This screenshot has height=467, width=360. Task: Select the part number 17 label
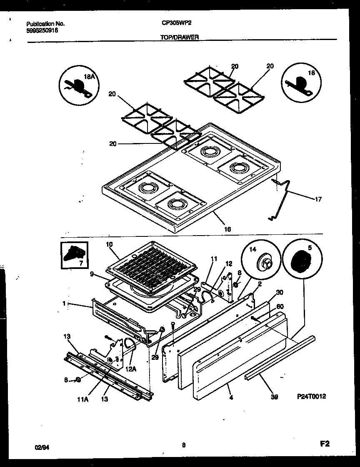[x=318, y=199]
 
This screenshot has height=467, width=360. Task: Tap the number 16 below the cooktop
[x=227, y=229]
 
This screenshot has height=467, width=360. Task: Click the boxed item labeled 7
[x=74, y=255]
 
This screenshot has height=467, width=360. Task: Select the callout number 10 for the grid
[x=109, y=245]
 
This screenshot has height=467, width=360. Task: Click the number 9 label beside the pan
[x=92, y=275]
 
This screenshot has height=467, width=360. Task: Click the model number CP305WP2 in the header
[x=174, y=24]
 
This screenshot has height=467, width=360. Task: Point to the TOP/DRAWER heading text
[x=179, y=37]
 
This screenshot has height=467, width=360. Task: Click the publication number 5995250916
[x=42, y=30]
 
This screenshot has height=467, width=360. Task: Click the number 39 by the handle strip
[x=274, y=397]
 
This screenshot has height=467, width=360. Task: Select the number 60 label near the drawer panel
[x=280, y=306]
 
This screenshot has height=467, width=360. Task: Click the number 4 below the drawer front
[x=231, y=397]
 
